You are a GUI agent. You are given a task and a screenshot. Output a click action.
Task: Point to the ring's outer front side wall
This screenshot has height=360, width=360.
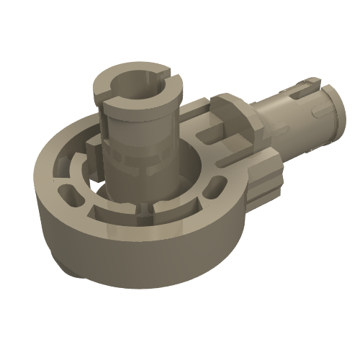click(137, 248)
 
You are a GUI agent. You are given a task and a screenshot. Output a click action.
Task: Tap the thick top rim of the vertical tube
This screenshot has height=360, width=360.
click(108, 90)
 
